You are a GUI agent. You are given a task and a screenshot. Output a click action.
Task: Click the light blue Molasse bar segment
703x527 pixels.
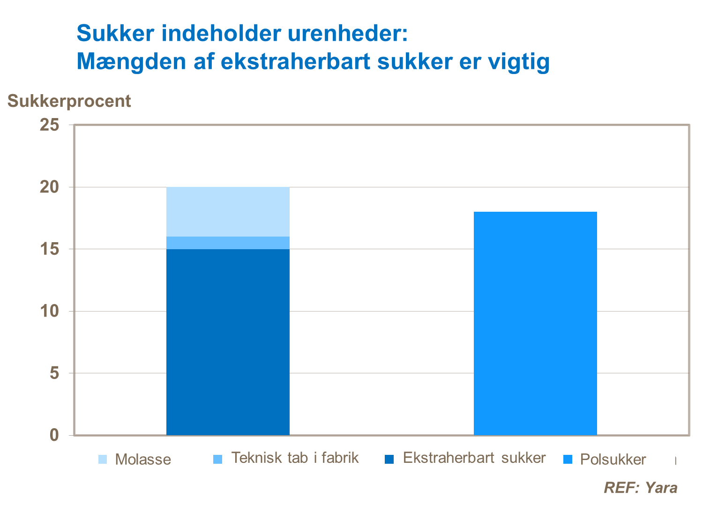pyautogui.click(x=228, y=212)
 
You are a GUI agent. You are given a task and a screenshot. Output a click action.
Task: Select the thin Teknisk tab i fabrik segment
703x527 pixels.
pyautogui.click(x=228, y=243)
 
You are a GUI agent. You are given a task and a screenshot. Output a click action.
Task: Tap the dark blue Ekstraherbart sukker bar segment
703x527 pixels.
pyautogui.click(x=228, y=342)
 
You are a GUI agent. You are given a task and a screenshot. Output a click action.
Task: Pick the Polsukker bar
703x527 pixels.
pyautogui.click(x=535, y=323)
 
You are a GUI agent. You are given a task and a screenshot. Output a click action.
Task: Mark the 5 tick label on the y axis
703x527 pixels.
pyautogui.click(x=54, y=373)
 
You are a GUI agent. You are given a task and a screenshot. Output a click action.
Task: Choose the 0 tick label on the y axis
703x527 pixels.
pyautogui.click(x=54, y=435)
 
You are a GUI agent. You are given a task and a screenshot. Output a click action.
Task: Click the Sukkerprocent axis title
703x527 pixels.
pyautogui.click(x=69, y=101)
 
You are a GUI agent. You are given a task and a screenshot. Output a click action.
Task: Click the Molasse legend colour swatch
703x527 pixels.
pyautogui.click(x=103, y=459)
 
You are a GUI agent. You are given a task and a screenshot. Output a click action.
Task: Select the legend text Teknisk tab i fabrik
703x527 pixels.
pyautogui.click(x=295, y=458)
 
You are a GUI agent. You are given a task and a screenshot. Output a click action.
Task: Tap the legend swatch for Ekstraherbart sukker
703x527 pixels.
pyautogui.click(x=389, y=459)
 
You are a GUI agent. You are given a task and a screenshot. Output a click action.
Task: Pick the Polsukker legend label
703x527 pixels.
pyautogui.click(x=613, y=460)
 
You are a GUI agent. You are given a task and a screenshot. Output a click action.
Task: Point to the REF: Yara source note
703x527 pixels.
pyautogui.click(x=640, y=488)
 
